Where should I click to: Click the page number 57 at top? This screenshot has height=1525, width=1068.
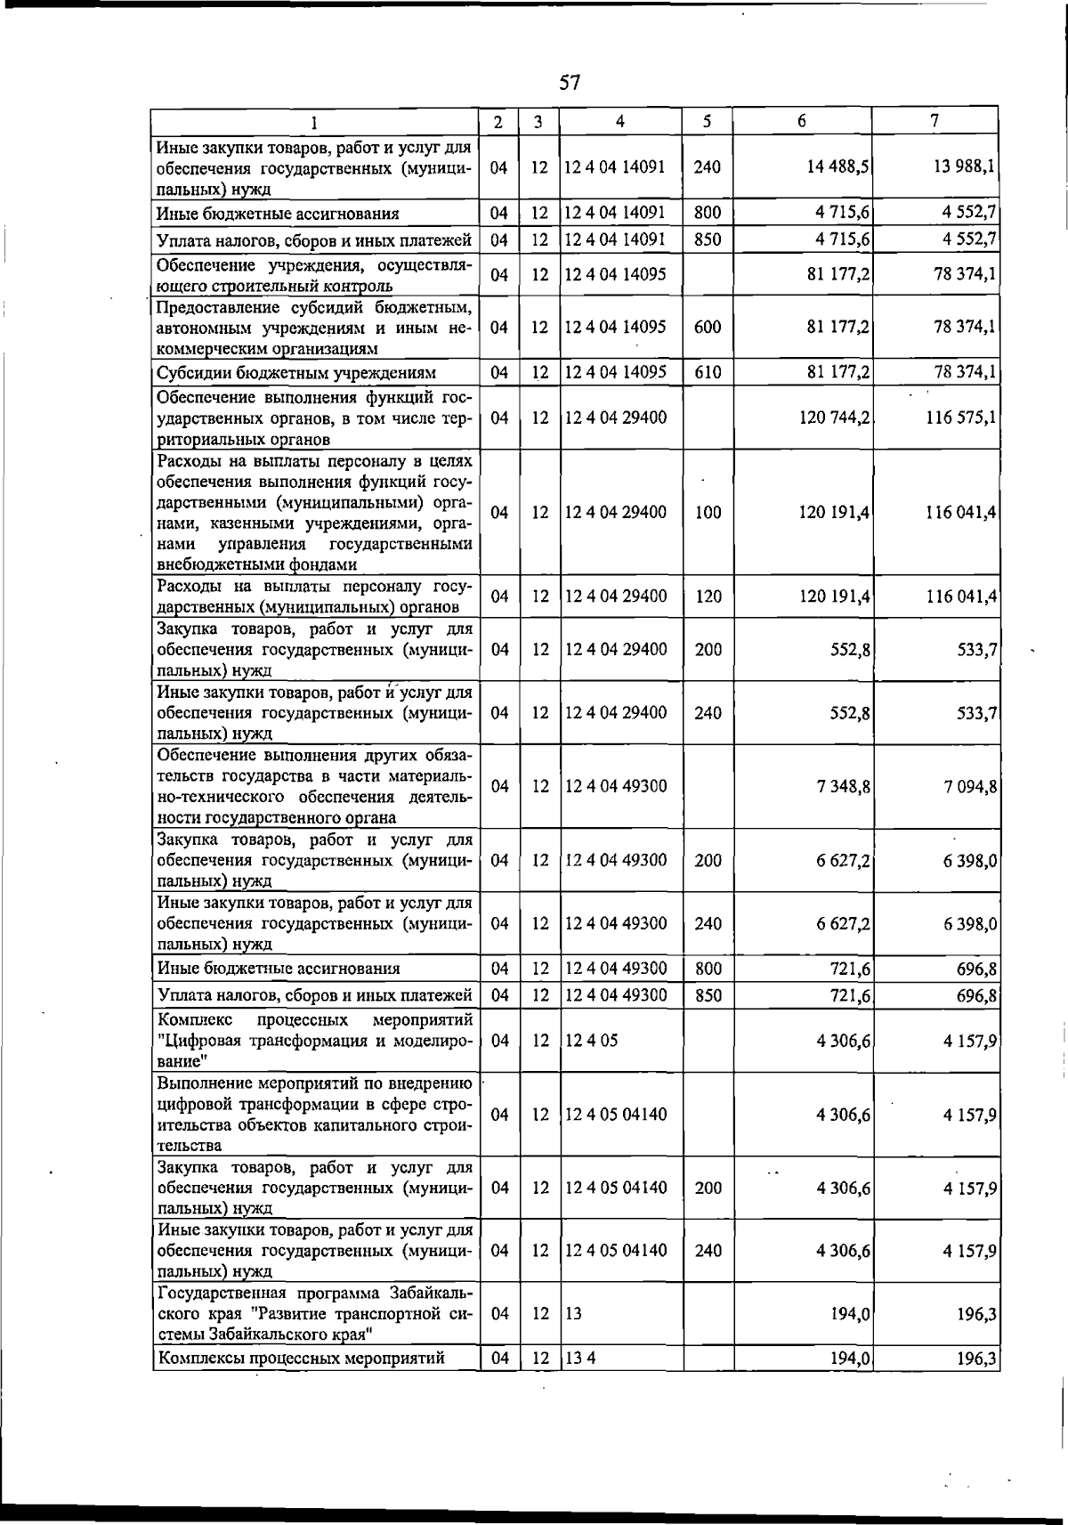[570, 83]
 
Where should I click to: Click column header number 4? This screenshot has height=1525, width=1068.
[619, 121]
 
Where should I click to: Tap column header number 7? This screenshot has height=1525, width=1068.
[934, 121]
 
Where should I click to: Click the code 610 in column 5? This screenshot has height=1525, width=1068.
[708, 372]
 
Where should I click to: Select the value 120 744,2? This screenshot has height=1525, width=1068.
[835, 417]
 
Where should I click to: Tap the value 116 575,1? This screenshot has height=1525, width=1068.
[960, 417]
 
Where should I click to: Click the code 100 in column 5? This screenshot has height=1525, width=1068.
[708, 513]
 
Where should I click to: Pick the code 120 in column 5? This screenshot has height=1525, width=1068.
[708, 596]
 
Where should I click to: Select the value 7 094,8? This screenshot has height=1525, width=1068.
[969, 786]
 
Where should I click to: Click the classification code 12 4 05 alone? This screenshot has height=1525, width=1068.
[591, 1041]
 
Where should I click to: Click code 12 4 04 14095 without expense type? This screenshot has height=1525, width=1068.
[615, 275]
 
